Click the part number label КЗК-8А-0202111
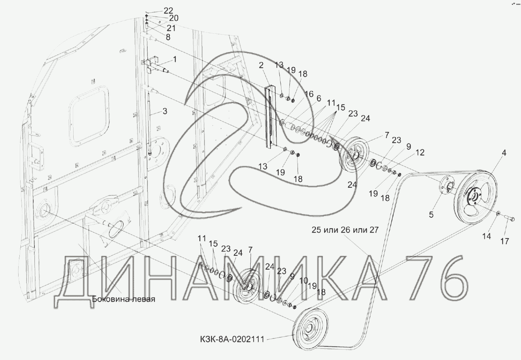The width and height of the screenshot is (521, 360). coord(232,340)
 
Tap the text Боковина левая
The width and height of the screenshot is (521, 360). coord(124,299)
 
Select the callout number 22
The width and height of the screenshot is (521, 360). coord(168,11)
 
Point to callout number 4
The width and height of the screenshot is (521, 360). coord(504,153)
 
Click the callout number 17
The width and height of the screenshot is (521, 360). coord(505,241)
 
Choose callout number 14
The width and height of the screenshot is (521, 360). coord(486,236)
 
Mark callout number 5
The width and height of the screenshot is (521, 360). coord(431,215)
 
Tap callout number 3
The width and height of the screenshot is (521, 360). coord(165,111)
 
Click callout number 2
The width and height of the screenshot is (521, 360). coord(261,65)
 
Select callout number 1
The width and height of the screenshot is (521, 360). coord(175,59)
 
